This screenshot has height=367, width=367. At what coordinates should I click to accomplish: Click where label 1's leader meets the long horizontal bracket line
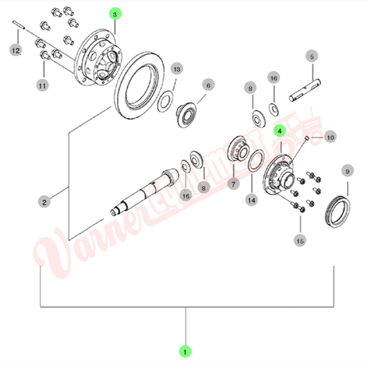(x=186, y=307)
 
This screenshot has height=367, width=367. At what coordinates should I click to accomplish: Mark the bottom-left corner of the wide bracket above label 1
(x=41, y=307)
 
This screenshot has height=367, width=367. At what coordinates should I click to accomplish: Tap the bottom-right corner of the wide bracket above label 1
(x=334, y=307)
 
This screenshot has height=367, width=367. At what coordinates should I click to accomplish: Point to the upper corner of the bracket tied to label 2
(x=69, y=133)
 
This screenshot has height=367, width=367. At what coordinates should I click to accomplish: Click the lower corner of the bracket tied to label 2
(x=69, y=240)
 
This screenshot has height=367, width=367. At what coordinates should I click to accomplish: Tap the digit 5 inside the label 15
(x=302, y=241)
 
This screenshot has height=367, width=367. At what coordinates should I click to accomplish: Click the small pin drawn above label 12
(x=19, y=25)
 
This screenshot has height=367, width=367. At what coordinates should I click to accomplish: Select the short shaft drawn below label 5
(x=305, y=90)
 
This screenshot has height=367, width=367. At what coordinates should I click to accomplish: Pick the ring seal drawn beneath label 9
(x=338, y=211)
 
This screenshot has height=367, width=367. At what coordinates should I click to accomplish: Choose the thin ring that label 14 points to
(x=256, y=161)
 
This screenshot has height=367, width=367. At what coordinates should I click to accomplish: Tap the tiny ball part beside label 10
(x=307, y=138)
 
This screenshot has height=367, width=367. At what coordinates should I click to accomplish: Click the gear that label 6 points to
(x=186, y=115)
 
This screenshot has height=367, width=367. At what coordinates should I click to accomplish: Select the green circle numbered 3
(x=115, y=14)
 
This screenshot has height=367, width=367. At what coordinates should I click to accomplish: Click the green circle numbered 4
(x=280, y=131)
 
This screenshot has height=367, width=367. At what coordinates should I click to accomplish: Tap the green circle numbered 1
(x=185, y=352)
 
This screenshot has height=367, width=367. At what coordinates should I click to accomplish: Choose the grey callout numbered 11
(x=42, y=86)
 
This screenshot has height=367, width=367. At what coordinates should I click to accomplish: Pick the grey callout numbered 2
(x=44, y=202)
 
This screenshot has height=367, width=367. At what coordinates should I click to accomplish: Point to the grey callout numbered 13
(x=177, y=69)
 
